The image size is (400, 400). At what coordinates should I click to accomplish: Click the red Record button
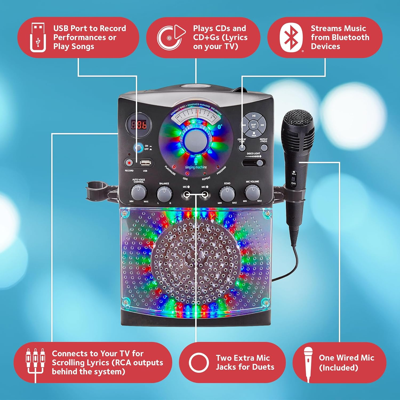[x=128, y=162]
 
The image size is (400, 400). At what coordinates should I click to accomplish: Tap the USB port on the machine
[x=145, y=162]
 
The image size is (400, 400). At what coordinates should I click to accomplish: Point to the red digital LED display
[x=139, y=125]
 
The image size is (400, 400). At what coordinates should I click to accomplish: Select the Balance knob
[x=164, y=193]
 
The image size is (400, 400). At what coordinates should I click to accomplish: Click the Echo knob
[x=227, y=193]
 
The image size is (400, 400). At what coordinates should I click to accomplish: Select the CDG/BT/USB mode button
[x=242, y=147]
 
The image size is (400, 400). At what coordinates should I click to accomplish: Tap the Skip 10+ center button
[x=254, y=125]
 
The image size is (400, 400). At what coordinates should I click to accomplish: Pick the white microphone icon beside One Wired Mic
[x=309, y=362]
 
